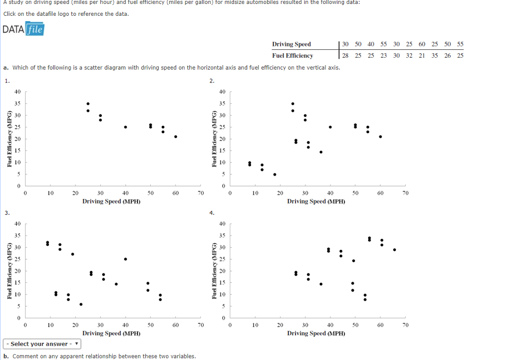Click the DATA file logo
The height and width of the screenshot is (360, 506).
pyautogui.click(x=23, y=30)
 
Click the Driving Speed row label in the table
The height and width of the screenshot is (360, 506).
pyautogui.click(x=292, y=44)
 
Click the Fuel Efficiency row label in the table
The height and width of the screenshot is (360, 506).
pyautogui.click(x=293, y=55)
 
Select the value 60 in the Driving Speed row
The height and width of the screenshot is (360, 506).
pyautogui.click(x=422, y=44)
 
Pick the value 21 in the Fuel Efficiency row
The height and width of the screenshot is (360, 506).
pyautogui.click(x=422, y=55)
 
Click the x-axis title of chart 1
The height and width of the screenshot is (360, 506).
pyautogui.click(x=111, y=201)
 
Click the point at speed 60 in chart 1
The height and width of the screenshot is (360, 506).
pyautogui.click(x=175, y=137)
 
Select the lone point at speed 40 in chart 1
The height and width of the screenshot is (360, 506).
pyautogui.click(x=126, y=127)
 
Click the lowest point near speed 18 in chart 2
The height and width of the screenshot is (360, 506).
pyautogui.click(x=275, y=174)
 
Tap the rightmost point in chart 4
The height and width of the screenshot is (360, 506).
pyautogui.click(x=394, y=250)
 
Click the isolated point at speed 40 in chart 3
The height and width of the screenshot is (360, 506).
pyautogui.click(x=126, y=259)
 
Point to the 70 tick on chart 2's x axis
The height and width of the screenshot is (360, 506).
pyautogui.click(x=405, y=194)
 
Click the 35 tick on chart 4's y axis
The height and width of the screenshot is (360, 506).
pyautogui.click(x=222, y=236)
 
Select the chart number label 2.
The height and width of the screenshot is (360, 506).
pyautogui.click(x=212, y=81)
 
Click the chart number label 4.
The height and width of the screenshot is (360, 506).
pyautogui.click(x=212, y=213)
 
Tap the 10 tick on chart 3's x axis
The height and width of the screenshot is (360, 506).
pyautogui.click(x=50, y=325)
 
